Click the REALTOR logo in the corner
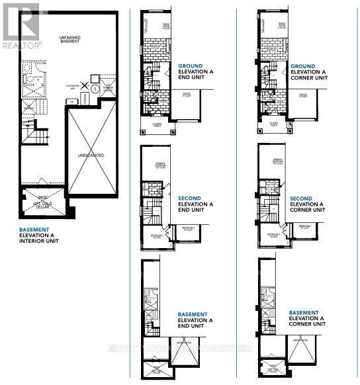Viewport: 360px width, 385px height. pyautogui.click(x=21, y=26)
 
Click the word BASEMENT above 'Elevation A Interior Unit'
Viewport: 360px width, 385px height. pyautogui.click(x=34, y=229)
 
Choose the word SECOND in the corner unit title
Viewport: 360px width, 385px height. pyautogui.click(x=300, y=198)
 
